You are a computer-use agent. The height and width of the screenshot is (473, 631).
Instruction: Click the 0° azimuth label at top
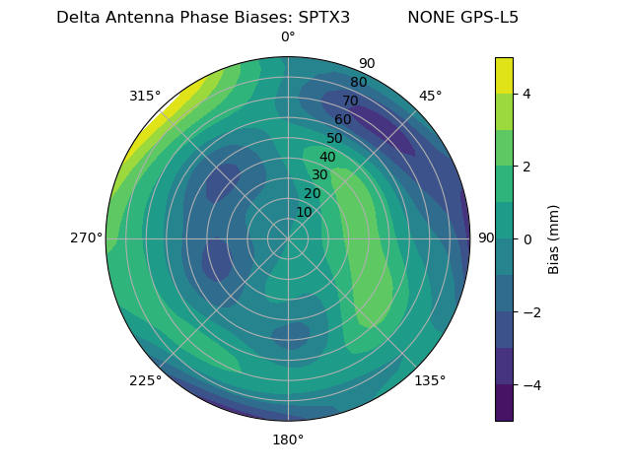point(288,37)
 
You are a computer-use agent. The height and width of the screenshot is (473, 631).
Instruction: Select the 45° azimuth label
point(431,96)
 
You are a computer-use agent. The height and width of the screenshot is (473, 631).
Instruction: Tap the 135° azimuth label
point(430,380)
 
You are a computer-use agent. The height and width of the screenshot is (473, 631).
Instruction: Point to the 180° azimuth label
point(288,439)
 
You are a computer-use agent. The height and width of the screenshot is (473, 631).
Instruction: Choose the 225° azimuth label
point(145,381)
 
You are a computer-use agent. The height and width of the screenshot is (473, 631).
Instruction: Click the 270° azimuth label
point(86,238)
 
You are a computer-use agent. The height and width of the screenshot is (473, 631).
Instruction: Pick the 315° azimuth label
point(145,96)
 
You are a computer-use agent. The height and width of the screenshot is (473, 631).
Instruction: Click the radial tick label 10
point(304,212)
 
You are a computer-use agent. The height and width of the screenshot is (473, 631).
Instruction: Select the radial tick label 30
point(319,175)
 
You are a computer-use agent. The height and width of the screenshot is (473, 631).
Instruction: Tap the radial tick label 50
point(335,139)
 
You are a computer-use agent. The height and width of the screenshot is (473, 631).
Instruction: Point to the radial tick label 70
point(350,101)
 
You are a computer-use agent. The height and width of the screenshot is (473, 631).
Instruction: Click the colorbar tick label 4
point(526,94)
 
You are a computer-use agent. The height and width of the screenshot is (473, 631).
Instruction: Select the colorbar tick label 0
point(526,239)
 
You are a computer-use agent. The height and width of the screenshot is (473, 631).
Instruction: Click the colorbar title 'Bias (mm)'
point(554,239)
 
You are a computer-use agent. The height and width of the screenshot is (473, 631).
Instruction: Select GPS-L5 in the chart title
point(490,17)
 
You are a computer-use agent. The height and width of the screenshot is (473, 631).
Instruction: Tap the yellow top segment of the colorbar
point(504,75)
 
